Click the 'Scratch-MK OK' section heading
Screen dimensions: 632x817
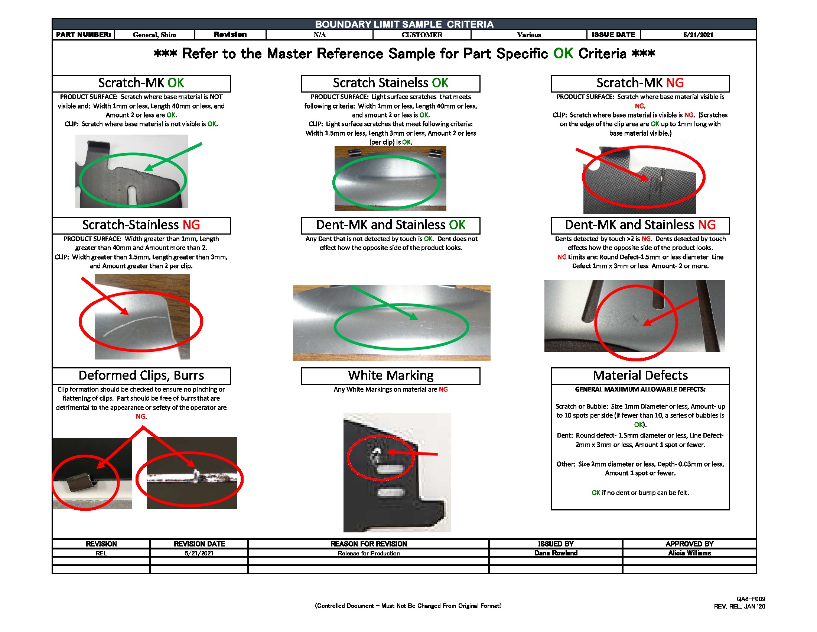tap(141, 83)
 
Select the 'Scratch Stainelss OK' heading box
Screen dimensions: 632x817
tap(390, 83)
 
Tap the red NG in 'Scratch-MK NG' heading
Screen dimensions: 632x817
tap(674, 83)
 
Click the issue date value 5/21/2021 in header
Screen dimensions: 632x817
tap(698, 35)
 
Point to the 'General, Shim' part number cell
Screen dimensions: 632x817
tap(154, 35)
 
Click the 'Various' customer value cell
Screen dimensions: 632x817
tap(528, 35)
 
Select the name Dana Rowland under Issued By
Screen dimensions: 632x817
tap(556, 553)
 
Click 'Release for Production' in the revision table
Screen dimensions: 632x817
tap(368, 553)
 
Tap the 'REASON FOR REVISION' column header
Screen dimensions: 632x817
tap(368, 544)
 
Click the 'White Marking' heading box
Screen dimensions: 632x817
tap(390, 375)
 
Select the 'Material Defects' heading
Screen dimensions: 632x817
tap(640, 375)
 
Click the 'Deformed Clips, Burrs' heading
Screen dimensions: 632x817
tap(141, 375)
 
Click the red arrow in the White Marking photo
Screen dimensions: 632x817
tap(411, 454)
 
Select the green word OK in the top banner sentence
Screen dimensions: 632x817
tap(563, 54)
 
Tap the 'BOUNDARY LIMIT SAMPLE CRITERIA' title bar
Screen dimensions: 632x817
tap(404, 24)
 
